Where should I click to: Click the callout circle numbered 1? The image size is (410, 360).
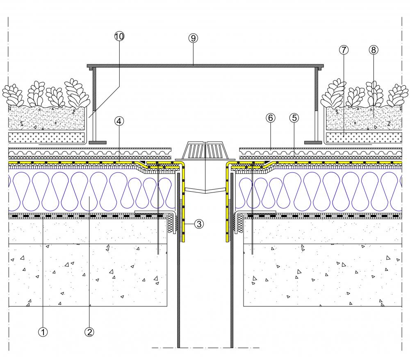click(x=43, y=332)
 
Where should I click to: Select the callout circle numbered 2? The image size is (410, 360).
click(x=89, y=332)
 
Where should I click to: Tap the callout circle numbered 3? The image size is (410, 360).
click(x=198, y=224)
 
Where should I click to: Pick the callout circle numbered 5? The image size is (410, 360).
click(x=294, y=118)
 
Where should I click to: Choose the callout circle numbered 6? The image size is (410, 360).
click(x=270, y=118)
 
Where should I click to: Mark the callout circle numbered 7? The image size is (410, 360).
click(x=344, y=50)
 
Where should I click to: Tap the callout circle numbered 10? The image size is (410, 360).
click(x=119, y=36)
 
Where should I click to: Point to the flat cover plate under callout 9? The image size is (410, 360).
click(x=205, y=65)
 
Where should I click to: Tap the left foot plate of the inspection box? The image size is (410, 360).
click(x=98, y=143)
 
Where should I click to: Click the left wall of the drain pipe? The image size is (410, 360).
click(x=178, y=295)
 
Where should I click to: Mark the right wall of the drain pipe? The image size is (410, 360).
click(x=232, y=295)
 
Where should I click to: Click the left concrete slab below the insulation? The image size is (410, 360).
click(x=88, y=274)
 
